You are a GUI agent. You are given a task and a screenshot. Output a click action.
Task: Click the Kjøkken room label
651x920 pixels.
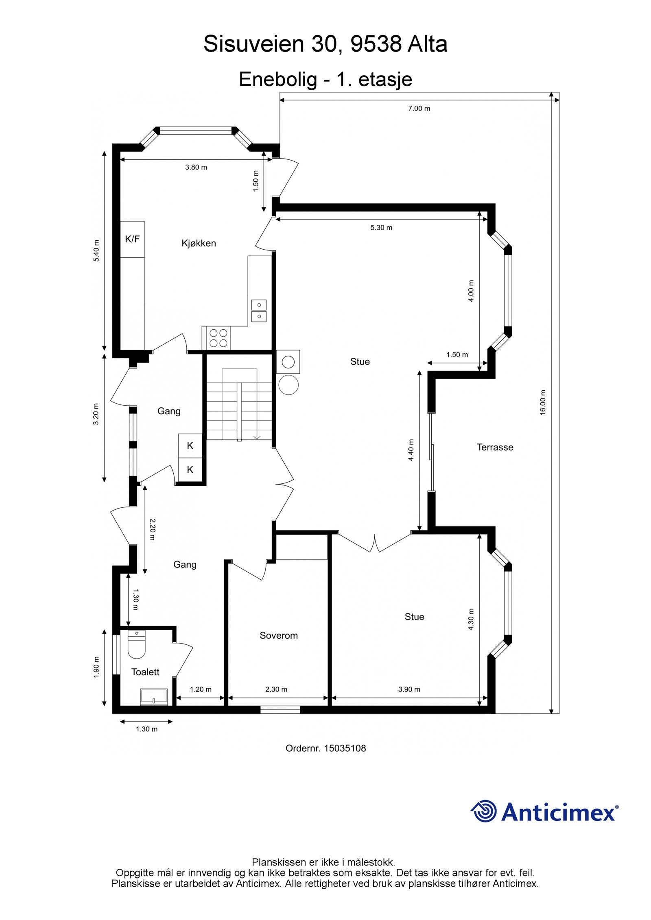point(199,243)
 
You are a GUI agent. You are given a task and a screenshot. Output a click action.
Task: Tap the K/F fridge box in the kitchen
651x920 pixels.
point(132,239)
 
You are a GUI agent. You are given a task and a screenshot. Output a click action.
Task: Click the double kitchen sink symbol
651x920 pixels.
point(259,310)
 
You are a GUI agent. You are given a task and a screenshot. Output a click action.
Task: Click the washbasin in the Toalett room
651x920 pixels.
point(154,696)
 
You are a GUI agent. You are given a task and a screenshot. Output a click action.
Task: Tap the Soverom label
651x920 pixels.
point(279,635)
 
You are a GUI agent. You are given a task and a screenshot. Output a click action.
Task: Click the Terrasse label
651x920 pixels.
point(495,447)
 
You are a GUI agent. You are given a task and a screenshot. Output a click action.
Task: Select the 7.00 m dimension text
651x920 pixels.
point(419,109)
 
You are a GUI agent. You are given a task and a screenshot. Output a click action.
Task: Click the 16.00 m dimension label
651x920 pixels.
point(543,402)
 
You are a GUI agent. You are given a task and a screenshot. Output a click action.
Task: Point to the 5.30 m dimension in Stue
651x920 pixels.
point(381,228)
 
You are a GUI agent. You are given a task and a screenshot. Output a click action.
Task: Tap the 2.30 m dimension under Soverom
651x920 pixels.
point(276,689)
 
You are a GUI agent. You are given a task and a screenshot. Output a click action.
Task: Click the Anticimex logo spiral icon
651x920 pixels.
point(484,811)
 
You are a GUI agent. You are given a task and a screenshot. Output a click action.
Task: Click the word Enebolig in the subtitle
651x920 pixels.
point(277,79)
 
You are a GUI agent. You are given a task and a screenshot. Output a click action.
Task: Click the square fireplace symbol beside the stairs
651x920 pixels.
point(288,362)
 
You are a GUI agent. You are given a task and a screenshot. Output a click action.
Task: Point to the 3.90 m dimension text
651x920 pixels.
point(409,689)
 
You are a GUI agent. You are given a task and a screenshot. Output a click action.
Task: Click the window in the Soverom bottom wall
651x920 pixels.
point(280,709)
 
